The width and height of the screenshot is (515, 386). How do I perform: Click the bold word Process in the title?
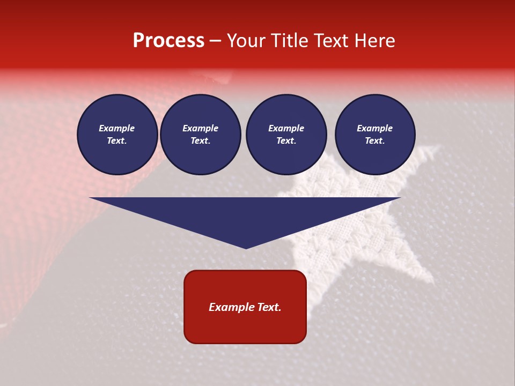(168, 41)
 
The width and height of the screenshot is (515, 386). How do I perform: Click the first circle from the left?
(117, 135)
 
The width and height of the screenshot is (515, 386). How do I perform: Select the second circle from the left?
(201, 135)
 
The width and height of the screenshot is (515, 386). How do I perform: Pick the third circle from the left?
(286, 135)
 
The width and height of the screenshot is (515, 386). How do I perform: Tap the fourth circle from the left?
(375, 135)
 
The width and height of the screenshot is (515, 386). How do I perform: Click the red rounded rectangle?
(245, 307)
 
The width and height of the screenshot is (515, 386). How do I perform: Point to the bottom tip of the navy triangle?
(246, 248)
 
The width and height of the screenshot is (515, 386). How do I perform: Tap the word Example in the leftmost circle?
(117, 129)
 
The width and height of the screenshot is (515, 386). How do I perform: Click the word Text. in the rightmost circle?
(375, 141)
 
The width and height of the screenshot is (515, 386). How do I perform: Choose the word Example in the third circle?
(286, 129)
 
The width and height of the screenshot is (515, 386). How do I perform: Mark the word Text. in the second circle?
(201, 141)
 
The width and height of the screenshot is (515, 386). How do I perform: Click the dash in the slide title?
(216, 41)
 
